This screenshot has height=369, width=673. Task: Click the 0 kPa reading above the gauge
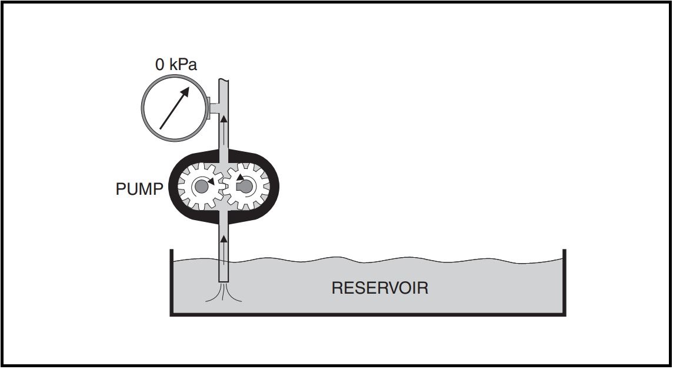[176, 65]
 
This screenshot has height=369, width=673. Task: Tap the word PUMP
[139, 190]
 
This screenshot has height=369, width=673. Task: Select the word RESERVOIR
[379, 288]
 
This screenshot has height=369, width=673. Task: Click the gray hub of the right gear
[246, 187]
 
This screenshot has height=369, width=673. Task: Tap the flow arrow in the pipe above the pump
[224, 121]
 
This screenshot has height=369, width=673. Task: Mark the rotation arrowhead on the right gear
[240, 177]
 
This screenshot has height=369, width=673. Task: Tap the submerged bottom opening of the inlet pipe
[224, 281]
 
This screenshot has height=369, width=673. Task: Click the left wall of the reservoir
[171, 282]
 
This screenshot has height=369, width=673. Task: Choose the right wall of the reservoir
[564, 282]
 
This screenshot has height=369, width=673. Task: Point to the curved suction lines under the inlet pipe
[224, 294]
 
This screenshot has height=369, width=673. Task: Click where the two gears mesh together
[224, 187]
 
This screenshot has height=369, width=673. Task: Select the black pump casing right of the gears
[274, 187]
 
